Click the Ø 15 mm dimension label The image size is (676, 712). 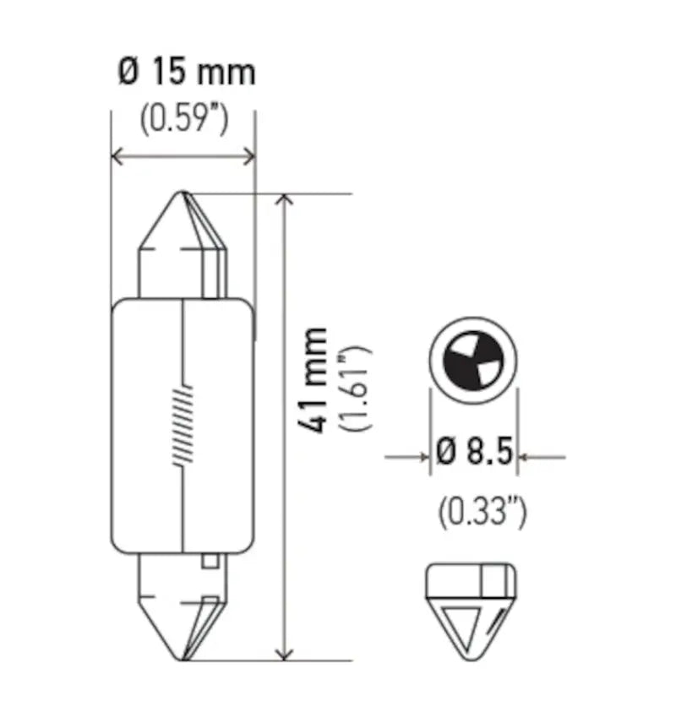(x=186, y=73)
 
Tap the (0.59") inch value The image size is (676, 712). (x=184, y=120)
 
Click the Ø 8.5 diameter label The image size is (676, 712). (x=475, y=455)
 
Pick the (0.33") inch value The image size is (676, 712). (x=482, y=511)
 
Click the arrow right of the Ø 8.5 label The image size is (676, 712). (x=526, y=458)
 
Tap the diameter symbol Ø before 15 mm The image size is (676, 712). (x=127, y=73)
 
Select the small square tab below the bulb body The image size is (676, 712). (x=211, y=560)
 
